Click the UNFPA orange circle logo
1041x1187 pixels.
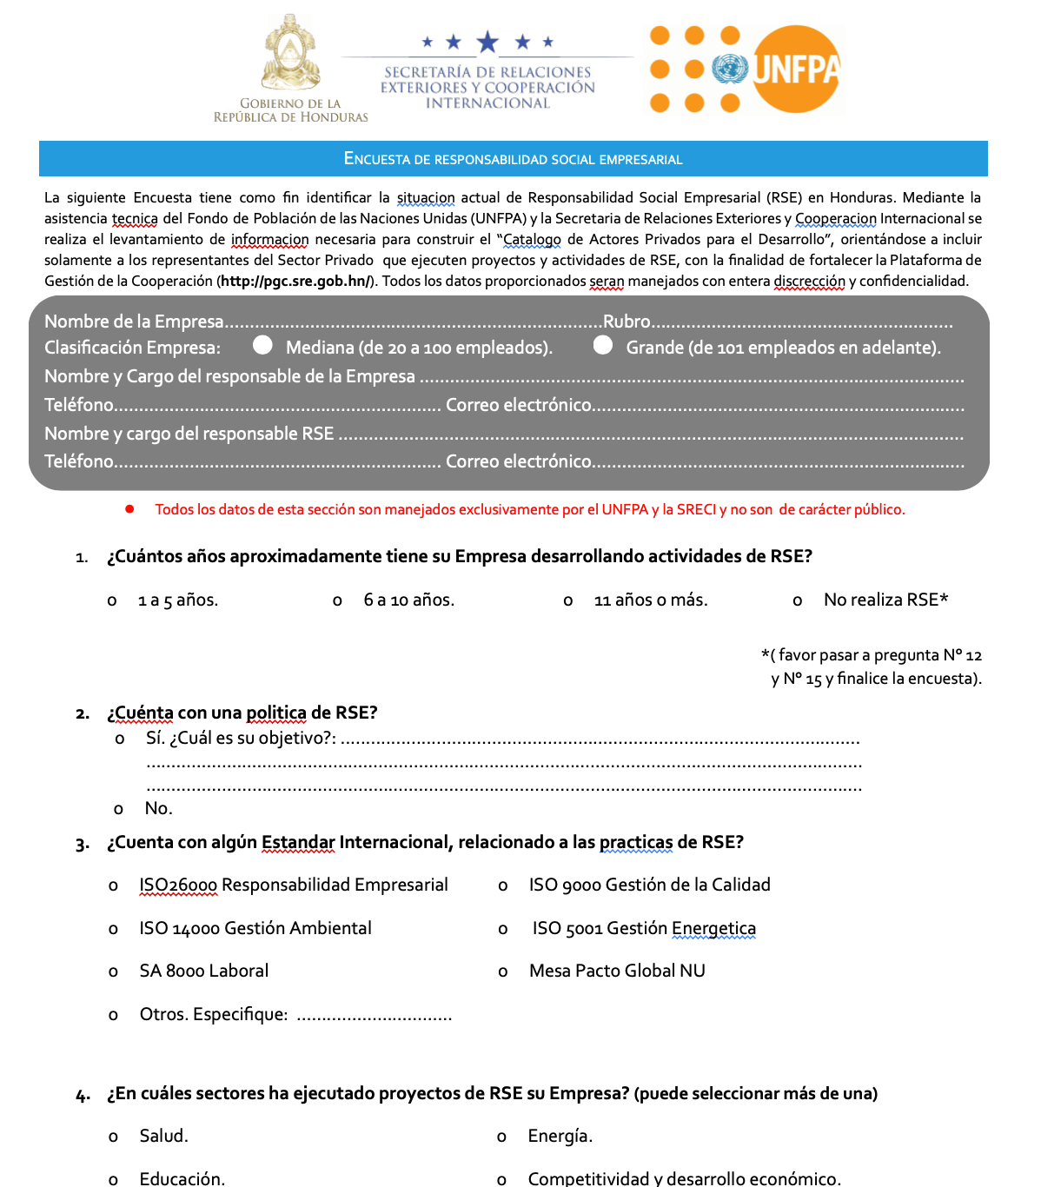point(795,70)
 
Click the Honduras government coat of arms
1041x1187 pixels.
point(290,54)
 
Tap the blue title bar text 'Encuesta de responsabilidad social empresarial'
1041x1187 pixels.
point(513,159)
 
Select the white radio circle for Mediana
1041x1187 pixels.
point(262,345)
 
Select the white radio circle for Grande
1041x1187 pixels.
point(603,345)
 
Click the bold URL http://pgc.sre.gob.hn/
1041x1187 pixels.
point(296,281)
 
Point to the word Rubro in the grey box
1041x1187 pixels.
point(627,322)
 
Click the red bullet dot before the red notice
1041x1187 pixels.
point(129,509)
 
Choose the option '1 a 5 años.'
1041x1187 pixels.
point(177,600)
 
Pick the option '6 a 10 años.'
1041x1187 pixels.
point(408,600)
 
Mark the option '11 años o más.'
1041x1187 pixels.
point(650,600)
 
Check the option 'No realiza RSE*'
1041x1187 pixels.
point(885,600)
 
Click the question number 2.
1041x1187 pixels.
point(83,714)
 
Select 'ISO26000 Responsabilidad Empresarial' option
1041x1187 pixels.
point(293,885)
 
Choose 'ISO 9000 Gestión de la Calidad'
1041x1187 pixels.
point(649,885)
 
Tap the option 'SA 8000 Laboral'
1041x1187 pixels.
point(203,971)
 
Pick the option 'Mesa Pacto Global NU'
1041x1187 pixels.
point(617,971)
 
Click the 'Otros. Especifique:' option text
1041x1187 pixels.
point(213,1014)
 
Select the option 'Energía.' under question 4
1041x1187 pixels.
point(560,1136)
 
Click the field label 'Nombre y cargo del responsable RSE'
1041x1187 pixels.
point(189,434)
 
